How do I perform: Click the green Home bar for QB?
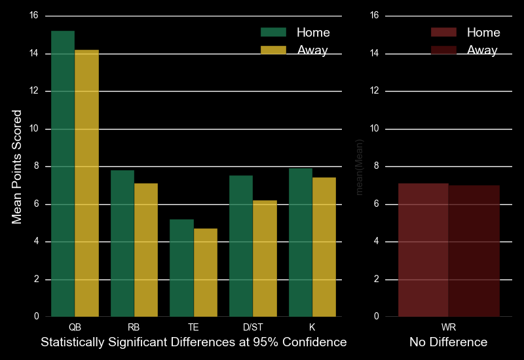point(63,173)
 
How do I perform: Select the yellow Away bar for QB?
point(86,183)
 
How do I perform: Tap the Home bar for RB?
point(122,243)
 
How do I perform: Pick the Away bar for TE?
point(206,272)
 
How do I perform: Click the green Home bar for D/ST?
point(241,246)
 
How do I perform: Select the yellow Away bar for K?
point(324,247)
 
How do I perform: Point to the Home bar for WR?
point(423,250)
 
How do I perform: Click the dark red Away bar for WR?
point(474,251)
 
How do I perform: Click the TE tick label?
point(194,326)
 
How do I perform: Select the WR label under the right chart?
point(449,326)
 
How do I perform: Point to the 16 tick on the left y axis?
point(34,16)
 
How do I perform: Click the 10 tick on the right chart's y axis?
point(375,129)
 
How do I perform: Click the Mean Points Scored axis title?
point(18,166)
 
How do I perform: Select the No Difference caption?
point(449,342)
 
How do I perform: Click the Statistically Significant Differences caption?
point(193,342)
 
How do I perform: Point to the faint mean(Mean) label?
point(359,167)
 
